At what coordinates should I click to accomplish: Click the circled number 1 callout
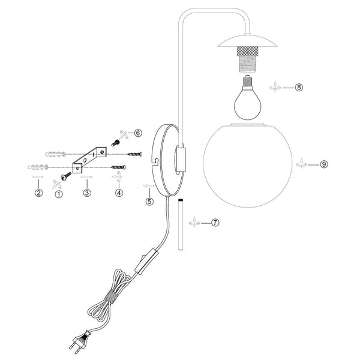(x=59, y=194)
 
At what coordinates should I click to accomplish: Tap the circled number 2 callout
(x=39, y=193)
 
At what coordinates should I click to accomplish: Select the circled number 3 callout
(x=87, y=193)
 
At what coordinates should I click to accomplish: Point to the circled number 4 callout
(x=119, y=193)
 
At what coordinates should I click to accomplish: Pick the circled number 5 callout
(x=149, y=202)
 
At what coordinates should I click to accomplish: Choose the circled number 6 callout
(x=138, y=133)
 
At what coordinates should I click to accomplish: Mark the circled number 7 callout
(x=215, y=223)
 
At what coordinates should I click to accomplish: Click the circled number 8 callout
(x=299, y=87)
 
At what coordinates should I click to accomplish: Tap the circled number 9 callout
(x=324, y=164)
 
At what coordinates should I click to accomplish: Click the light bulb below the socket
(x=248, y=99)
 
